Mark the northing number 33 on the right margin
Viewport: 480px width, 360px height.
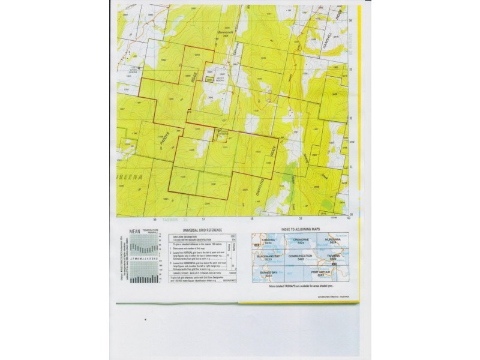(x=351, y=70)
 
